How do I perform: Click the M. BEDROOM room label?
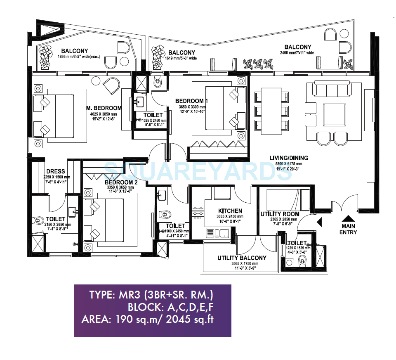[x=104, y=108]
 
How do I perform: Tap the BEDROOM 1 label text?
[x=192, y=101]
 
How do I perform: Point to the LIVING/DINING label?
[x=289, y=158]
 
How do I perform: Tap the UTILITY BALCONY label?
[x=242, y=258]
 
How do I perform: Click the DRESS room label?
[x=54, y=172]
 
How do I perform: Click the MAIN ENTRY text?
[x=349, y=229]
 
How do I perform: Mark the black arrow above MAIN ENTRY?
[x=349, y=219]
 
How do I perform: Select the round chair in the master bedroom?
[x=111, y=86]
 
